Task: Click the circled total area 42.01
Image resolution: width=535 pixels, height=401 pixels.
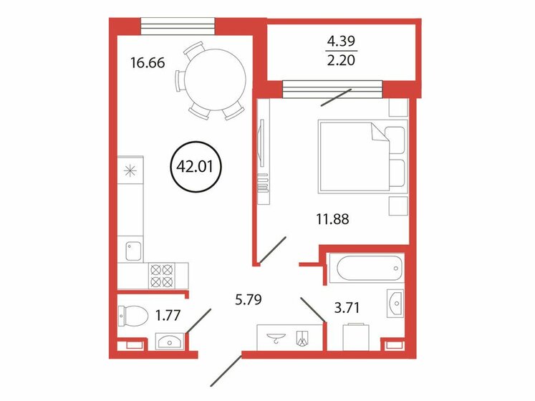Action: point(196,169)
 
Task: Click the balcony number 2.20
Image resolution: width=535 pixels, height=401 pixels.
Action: point(342,63)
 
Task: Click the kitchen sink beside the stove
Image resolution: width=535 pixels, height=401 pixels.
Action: point(132,250)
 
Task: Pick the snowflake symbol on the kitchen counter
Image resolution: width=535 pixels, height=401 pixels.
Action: point(130,170)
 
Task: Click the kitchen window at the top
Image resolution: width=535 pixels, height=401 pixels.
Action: point(178,24)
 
